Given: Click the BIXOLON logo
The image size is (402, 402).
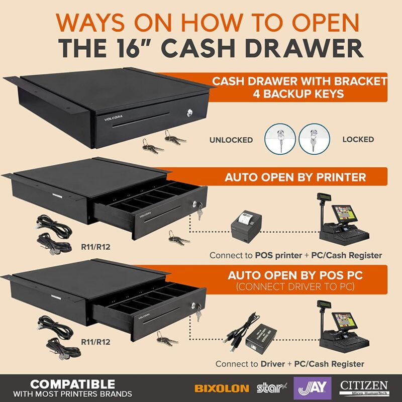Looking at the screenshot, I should [222, 388].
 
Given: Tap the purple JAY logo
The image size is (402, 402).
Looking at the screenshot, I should [313, 388].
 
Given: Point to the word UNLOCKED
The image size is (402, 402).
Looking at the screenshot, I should [231, 140].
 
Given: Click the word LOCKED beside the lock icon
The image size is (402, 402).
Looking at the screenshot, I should [359, 140].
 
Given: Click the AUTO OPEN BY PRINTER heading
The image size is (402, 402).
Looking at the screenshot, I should [295, 177].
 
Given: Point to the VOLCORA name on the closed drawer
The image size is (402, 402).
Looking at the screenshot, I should [114, 119].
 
